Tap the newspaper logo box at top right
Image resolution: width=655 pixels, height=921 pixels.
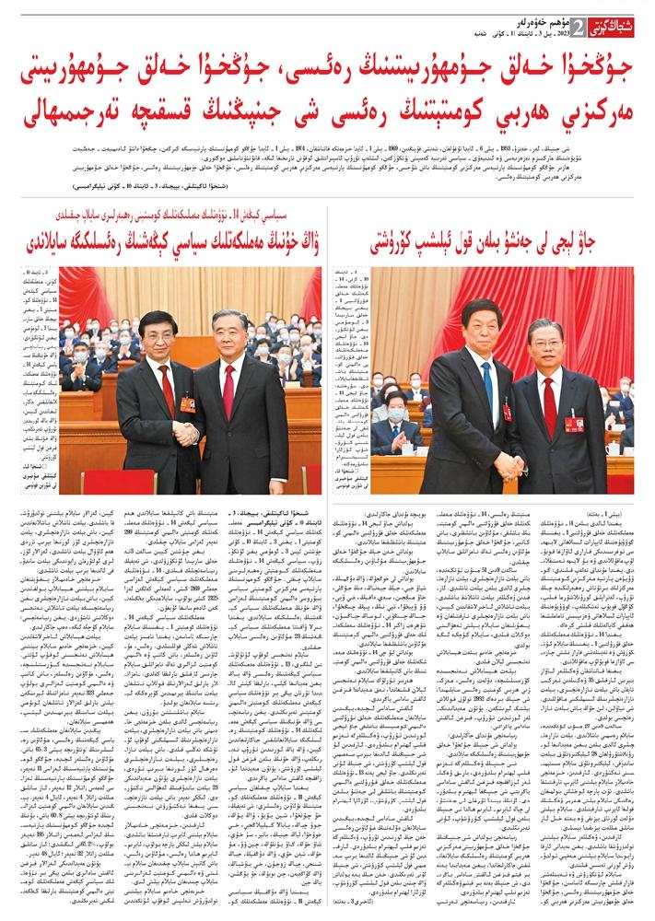[x=608, y=25]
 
